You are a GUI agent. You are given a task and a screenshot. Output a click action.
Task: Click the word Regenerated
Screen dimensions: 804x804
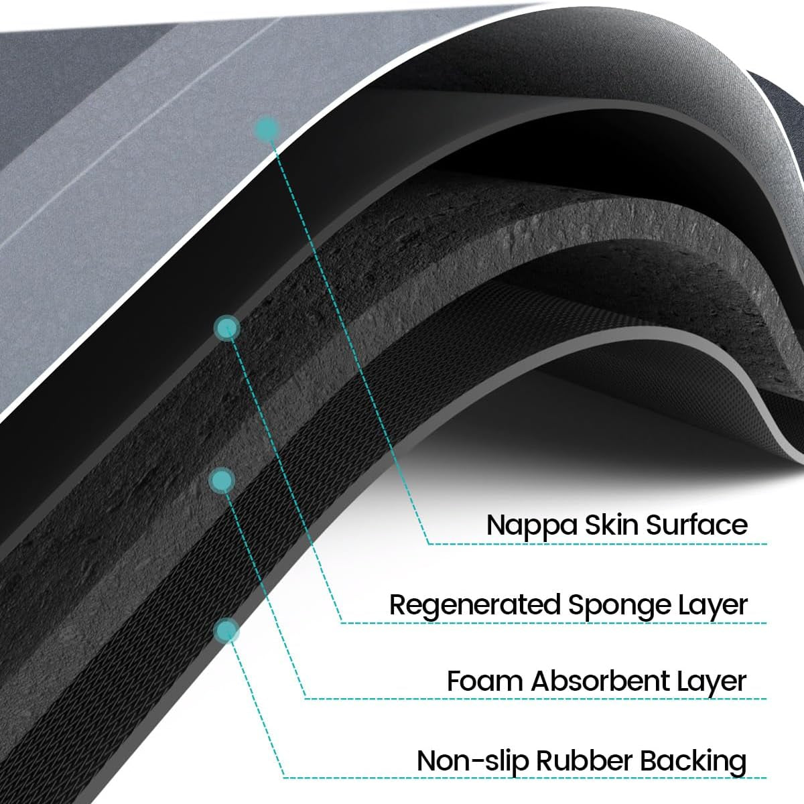point(474,604)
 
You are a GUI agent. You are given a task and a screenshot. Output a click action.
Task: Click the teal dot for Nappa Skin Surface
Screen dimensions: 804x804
point(267,129)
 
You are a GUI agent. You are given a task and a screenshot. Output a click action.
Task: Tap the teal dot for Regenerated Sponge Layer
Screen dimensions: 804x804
point(226,328)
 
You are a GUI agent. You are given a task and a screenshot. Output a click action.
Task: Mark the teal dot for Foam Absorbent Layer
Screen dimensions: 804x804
point(222,480)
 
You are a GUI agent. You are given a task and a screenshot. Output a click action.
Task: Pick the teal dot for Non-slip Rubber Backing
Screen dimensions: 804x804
point(226,630)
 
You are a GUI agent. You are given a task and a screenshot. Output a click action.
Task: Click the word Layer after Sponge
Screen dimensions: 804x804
point(712,606)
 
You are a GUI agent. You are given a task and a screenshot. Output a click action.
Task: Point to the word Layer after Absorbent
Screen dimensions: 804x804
point(712,681)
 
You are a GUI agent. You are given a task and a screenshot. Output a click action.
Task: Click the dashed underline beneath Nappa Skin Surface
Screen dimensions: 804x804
point(596,543)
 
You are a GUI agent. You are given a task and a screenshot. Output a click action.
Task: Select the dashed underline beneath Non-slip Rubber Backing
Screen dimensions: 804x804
point(523,778)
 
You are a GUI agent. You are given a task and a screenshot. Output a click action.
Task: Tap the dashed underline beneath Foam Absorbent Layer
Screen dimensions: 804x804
point(536,699)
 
